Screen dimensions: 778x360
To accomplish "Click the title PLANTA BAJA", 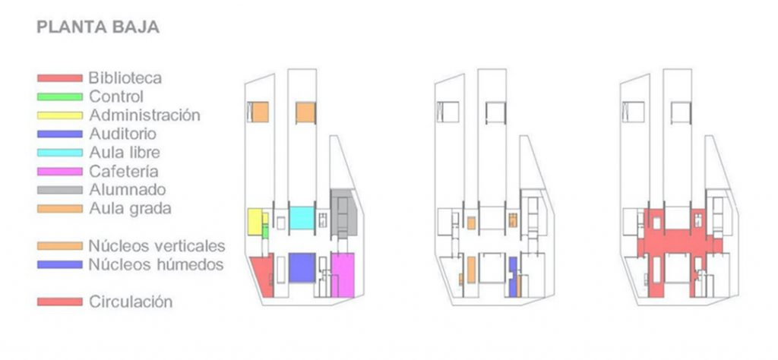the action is (98, 27).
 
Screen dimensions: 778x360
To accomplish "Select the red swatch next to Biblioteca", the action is (59, 78).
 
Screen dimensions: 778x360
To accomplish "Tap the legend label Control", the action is (116, 96).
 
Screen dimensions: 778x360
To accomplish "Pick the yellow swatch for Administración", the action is (59, 115).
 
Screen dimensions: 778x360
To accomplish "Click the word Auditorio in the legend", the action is (122, 134).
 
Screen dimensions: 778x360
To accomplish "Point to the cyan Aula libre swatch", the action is (59, 153).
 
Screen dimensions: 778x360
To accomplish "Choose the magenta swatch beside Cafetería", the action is (59, 172).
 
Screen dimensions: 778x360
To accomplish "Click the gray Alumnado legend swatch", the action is (59, 190).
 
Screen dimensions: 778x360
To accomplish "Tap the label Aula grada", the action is (130, 209).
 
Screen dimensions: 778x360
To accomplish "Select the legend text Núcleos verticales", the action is (157, 246).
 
